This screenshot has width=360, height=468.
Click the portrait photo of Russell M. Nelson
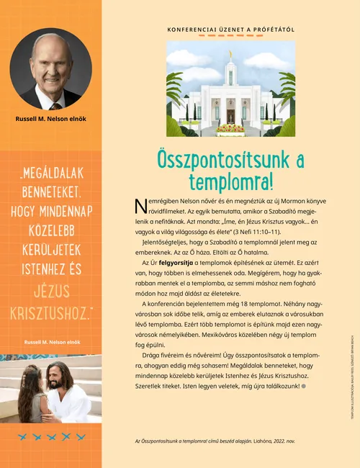[50, 69]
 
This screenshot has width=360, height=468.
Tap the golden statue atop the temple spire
[230, 53]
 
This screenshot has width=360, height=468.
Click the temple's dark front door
[230, 116]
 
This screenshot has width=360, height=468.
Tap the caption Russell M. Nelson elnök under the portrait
[50, 118]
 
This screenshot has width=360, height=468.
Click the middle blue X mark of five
[51, 436]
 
